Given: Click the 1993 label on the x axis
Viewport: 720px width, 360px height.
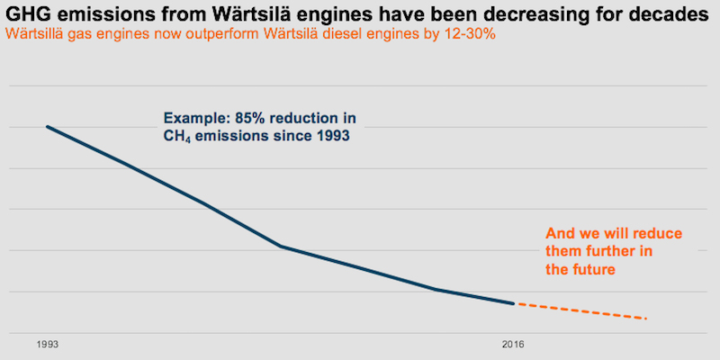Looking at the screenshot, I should (48, 345).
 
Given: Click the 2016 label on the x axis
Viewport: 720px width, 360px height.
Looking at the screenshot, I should (513, 345).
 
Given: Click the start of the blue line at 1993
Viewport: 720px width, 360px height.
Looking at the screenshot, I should (48, 127).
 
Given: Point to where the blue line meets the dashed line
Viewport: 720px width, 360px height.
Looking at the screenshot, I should (514, 303).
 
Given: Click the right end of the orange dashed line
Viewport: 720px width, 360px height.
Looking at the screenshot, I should (646, 319).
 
